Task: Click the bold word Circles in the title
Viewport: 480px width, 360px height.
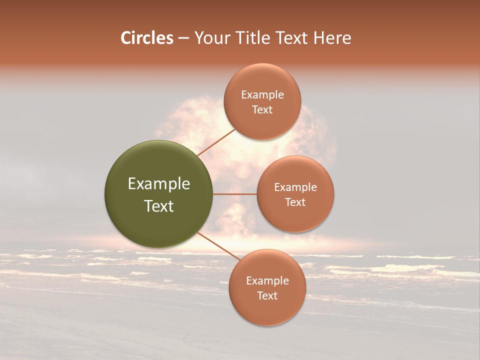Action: click(x=147, y=38)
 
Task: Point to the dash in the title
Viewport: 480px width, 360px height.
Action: click(x=183, y=38)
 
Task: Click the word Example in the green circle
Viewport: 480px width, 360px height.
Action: click(x=159, y=184)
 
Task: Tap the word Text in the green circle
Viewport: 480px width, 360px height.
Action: click(x=159, y=206)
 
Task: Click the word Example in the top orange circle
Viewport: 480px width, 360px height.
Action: click(x=262, y=95)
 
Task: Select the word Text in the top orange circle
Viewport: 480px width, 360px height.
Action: click(x=262, y=109)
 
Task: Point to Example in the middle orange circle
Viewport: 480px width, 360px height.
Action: click(x=295, y=187)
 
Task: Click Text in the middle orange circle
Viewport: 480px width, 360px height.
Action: click(x=295, y=202)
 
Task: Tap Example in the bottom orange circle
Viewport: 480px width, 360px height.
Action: click(x=267, y=281)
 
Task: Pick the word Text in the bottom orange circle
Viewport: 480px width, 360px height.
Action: click(x=267, y=295)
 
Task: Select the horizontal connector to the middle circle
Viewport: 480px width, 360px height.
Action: click(x=235, y=194)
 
